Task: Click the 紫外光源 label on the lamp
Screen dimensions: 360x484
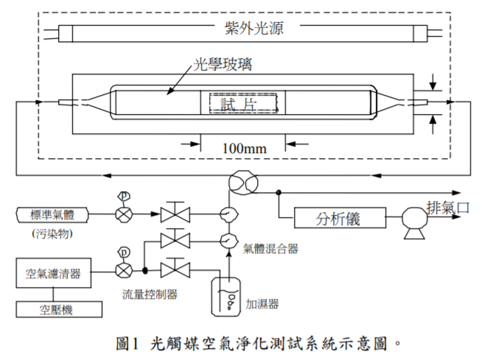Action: (x=253, y=30)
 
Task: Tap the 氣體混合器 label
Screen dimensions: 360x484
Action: (x=271, y=249)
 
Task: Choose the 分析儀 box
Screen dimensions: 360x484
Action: (x=340, y=218)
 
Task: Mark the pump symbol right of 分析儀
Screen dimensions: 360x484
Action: (x=411, y=218)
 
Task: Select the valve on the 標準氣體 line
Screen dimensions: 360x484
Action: (x=175, y=214)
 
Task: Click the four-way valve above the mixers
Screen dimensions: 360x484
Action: (x=240, y=181)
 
